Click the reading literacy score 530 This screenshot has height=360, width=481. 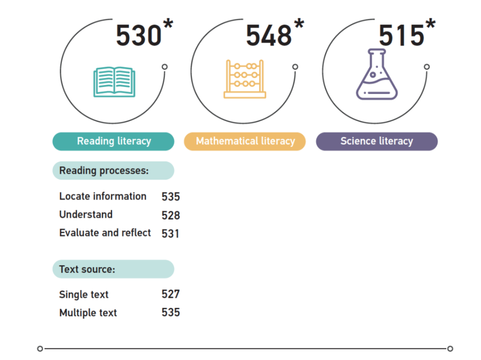[x=139, y=35]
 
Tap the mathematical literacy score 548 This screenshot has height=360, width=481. [x=269, y=35]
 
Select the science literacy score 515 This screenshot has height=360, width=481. [x=401, y=35]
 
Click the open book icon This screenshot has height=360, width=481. [x=114, y=82]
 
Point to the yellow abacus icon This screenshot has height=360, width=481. [x=245, y=79]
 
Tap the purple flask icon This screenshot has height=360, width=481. [x=377, y=74]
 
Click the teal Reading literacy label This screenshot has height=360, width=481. [x=114, y=141]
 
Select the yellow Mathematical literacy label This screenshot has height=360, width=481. [x=245, y=141]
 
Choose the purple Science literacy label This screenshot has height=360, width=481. [x=377, y=141]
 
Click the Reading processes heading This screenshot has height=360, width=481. [x=104, y=171]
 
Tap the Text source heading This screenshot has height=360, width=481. [x=87, y=269]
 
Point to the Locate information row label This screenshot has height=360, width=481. [x=103, y=196]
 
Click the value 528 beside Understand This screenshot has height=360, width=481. [x=171, y=215]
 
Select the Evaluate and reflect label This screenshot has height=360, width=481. [x=105, y=233]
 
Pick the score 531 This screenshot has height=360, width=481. [x=171, y=233]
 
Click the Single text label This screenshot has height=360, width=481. [x=84, y=295]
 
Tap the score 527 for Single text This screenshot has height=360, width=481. [x=171, y=294]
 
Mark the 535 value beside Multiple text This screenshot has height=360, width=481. [x=171, y=312]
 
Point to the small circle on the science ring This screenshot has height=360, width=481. [x=427, y=67]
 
